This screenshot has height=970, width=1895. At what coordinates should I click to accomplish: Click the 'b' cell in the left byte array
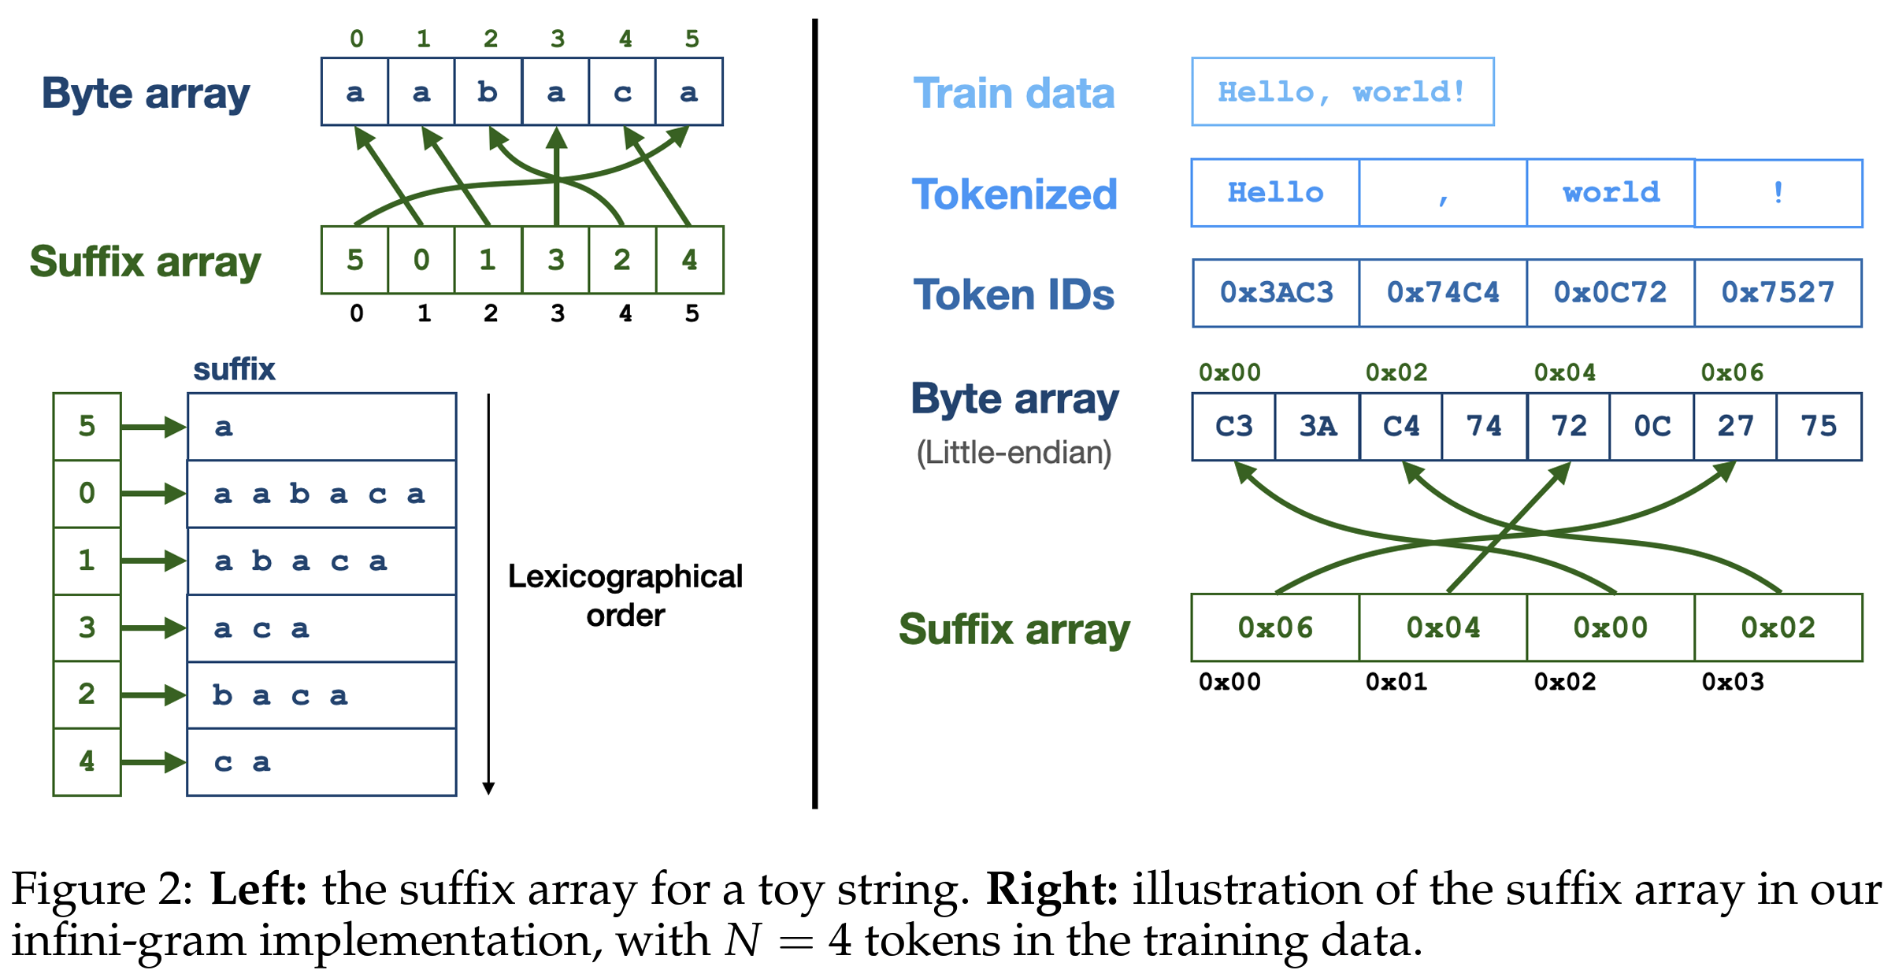pos(488,92)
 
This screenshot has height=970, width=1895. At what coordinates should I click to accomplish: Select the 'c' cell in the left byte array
pos(622,92)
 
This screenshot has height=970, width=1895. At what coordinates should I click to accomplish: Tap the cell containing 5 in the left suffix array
pos(355,260)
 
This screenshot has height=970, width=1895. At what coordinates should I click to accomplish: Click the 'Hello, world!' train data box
pos(1342,91)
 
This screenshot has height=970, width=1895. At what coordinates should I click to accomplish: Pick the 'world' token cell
pos(1611,193)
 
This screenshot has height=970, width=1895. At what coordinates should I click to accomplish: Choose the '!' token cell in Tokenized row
pos(1778,193)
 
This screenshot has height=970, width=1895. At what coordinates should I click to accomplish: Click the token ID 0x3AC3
pos(1276,293)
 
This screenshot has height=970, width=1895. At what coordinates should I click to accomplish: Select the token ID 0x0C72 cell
pos(1611,293)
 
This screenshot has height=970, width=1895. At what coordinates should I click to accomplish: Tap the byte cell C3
pos(1233,426)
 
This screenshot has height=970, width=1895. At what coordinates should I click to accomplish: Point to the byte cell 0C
pos(1652,426)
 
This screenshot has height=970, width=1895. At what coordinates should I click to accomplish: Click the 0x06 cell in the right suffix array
pos(1275,628)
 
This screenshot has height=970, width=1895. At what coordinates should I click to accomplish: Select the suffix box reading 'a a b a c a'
pos(321,494)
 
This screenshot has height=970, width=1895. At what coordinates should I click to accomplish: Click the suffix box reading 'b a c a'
pos(321,695)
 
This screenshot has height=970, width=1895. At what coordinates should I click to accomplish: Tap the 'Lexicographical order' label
pos(625,595)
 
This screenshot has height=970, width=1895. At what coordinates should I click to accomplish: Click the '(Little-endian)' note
pos(1014,453)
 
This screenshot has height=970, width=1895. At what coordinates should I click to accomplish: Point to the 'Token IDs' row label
pos(1014,294)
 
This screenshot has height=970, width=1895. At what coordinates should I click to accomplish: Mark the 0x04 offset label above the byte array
pos(1564,372)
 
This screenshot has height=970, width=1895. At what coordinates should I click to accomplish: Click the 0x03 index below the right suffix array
pos(1733,682)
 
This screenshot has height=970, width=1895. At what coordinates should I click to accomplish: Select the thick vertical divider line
pos(814,413)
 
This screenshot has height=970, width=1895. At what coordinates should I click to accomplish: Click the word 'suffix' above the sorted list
pos(234,369)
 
